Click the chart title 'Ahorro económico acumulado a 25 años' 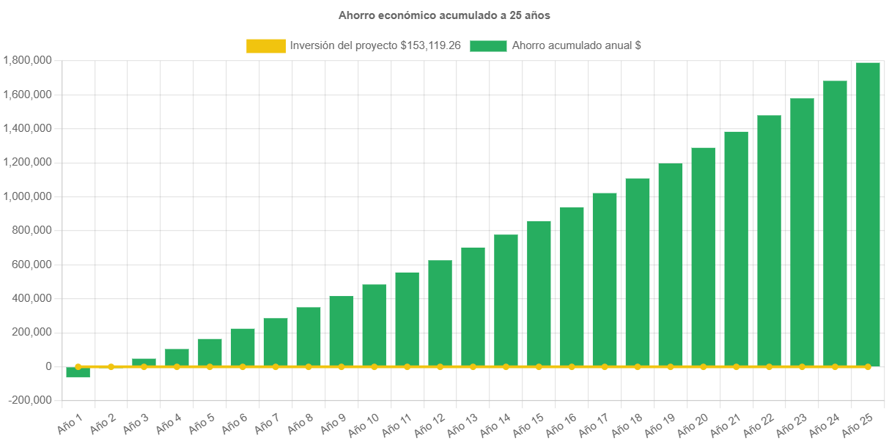tap(444, 15)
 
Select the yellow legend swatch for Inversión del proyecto tap(265, 46)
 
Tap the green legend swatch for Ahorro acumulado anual tap(488, 46)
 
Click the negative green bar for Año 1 tap(78, 372)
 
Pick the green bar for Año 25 tap(868, 212)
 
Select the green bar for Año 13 tap(473, 306)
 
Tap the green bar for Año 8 tap(309, 336)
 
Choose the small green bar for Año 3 tap(144, 362)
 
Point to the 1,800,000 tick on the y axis tap(27, 60)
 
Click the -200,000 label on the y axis tap(30, 400)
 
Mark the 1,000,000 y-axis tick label tap(27, 196)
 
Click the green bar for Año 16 tap(572, 286)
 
